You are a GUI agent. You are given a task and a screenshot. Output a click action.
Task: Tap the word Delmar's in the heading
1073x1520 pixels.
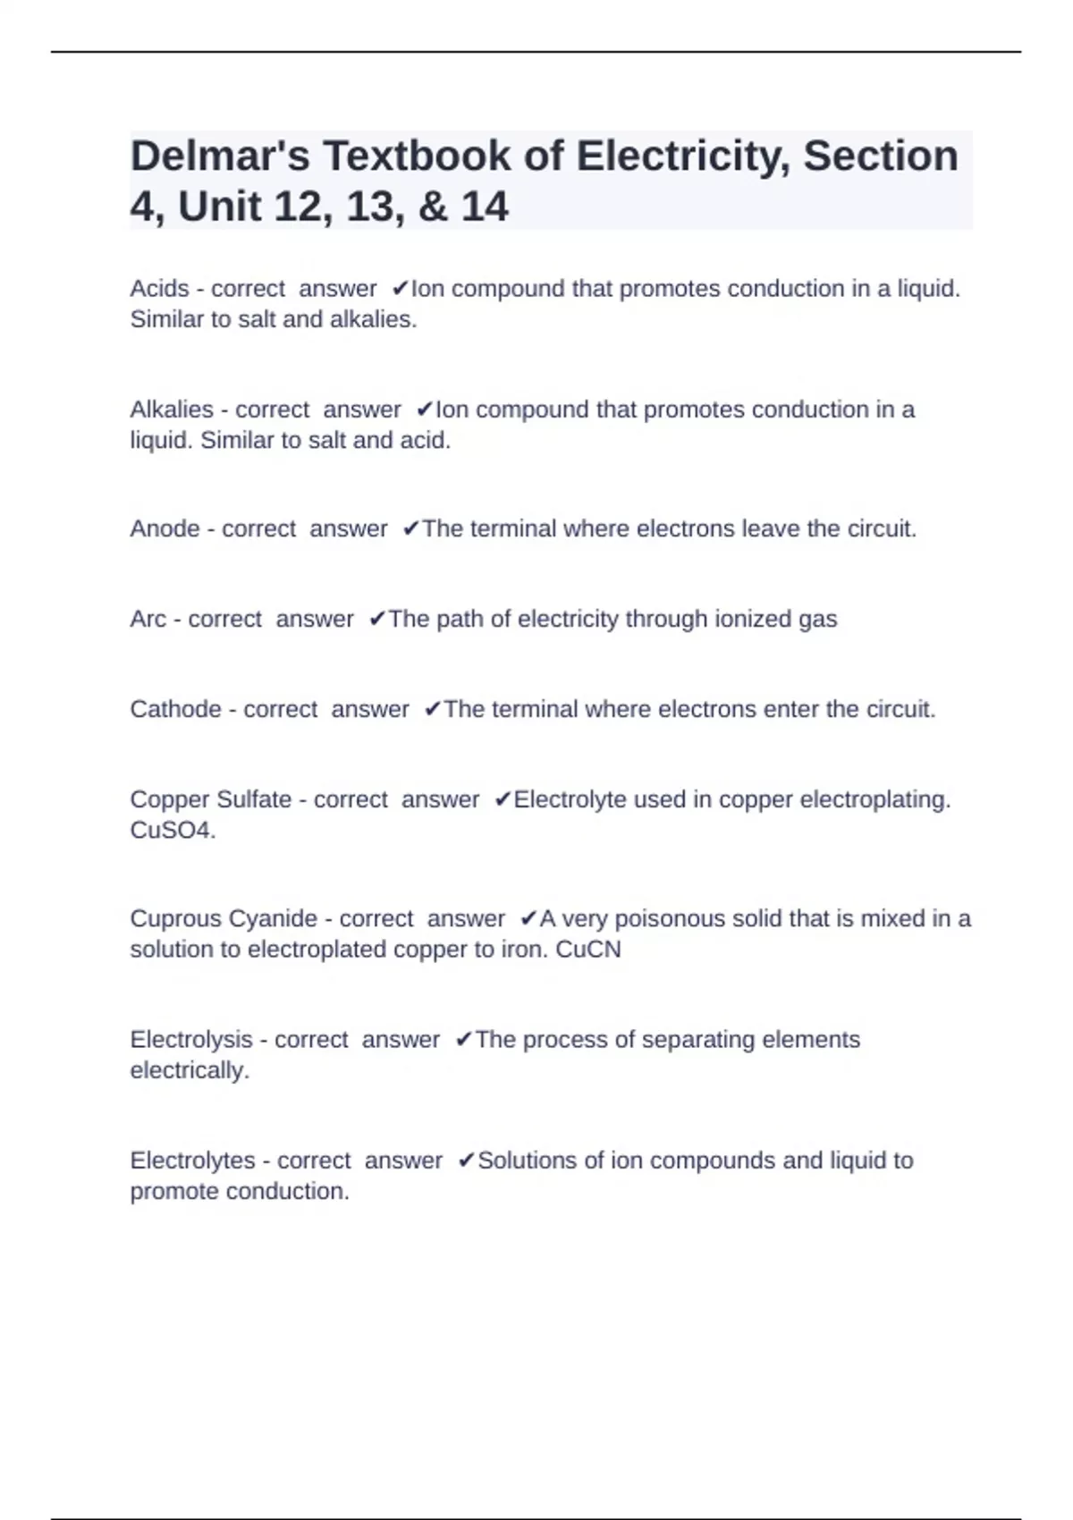[219, 156]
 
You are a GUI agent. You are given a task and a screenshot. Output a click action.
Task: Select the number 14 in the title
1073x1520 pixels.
[485, 207]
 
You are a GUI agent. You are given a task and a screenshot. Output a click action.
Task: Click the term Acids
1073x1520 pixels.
[160, 289]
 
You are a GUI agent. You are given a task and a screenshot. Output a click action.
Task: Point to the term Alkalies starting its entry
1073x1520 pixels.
[172, 410]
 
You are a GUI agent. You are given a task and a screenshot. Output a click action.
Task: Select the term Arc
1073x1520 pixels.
[148, 619]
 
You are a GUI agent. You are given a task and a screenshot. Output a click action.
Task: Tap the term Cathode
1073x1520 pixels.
[175, 709]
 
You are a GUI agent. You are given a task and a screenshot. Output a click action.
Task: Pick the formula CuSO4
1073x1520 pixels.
[171, 830]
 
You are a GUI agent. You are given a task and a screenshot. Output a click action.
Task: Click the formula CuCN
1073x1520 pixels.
[587, 950]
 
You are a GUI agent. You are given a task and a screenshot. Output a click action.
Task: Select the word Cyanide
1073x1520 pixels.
[273, 919]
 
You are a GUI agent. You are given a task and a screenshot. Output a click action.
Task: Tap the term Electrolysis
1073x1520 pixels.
[191, 1040]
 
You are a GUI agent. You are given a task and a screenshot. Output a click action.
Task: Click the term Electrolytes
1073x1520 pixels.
[193, 1161]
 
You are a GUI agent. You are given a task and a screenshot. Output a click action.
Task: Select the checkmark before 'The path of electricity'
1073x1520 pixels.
[377, 619]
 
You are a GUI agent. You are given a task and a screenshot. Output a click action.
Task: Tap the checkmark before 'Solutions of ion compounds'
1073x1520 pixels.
[466, 1161]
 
